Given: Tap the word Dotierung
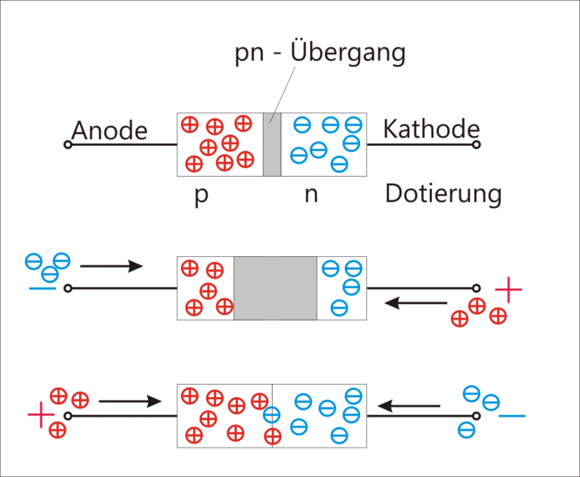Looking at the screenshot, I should [443, 194].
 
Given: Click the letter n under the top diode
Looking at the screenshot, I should [311, 195].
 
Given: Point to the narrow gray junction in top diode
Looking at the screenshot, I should [272, 144].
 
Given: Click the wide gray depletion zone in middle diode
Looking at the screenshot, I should [276, 288].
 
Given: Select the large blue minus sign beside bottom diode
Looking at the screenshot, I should [513, 415].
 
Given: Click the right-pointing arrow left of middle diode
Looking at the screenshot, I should [111, 266].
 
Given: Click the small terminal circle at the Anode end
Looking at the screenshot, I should [67, 144].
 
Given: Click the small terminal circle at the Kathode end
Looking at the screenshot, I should [477, 144].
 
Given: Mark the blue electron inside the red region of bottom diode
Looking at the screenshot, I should [271, 414].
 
